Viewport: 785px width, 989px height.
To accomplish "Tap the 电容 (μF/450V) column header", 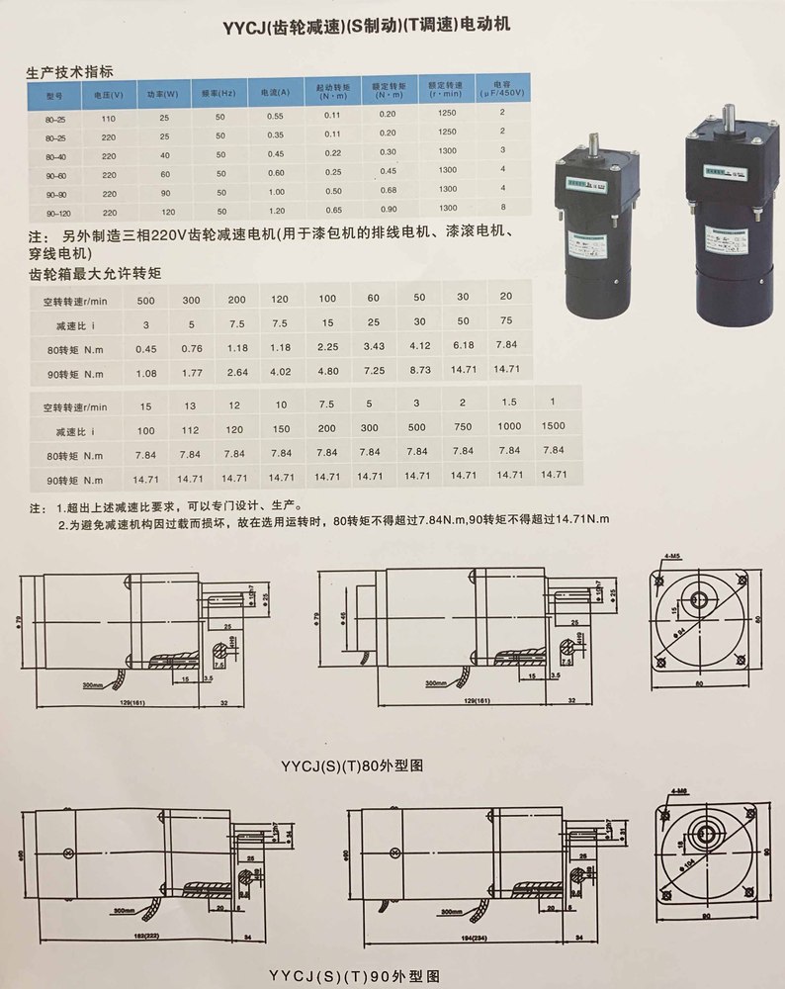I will (x=502, y=90).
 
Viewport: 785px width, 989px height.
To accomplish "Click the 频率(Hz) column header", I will (x=220, y=94).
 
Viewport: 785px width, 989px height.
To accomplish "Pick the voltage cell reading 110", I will (x=108, y=117).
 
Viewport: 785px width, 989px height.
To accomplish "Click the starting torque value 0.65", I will (x=334, y=210).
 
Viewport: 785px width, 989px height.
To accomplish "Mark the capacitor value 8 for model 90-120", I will (x=502, y=207).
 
